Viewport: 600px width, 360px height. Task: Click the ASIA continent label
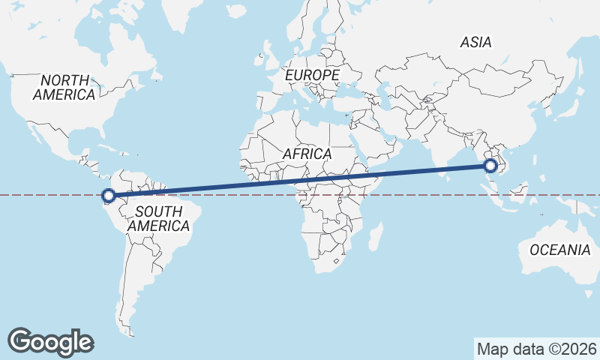[x=476, y=43]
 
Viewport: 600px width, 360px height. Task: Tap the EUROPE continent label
[x=312, y=76]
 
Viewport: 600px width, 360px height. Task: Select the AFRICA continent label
[x=307, y=154]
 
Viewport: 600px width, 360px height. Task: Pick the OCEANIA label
[x=559, y=250]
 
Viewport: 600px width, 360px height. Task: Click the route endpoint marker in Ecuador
[x=108, y=196]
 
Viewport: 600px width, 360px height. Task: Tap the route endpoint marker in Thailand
[x=491, y=166]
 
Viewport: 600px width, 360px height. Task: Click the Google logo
[x=50, y=341]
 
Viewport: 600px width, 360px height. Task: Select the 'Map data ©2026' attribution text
[x=537, y=349]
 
